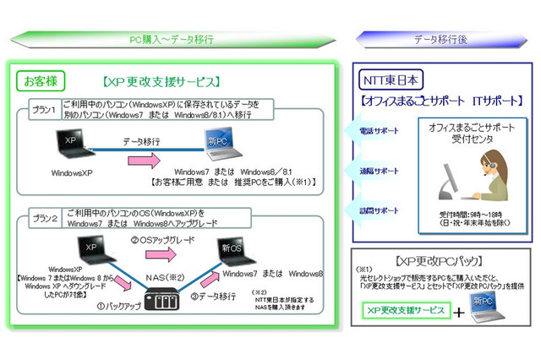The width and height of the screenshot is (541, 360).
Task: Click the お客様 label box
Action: (40, 82)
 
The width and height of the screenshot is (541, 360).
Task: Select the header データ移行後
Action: (440, 39)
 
